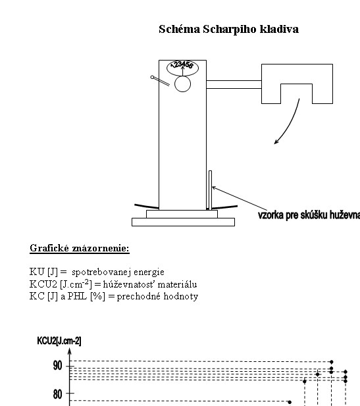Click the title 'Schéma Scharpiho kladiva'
(x=228, y=29)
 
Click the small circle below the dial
(x=182, y=84)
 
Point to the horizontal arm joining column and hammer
(x=234, y=85)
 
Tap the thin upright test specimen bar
(x=211, y=190)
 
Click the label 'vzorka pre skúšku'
(x=291, y=215)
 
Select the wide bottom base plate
(x=183, y=222)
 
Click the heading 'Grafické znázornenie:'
(x=80, y=248)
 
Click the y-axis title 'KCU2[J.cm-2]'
(x=59, y=341)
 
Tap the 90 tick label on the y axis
(x=57, y=366)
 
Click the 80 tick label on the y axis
(x=57, y=394)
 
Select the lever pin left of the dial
(x=160, y=81)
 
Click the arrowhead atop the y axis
(x=69, y=351)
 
